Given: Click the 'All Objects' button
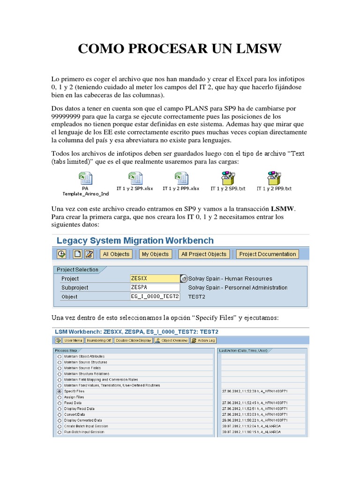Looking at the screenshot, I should coord(116,254).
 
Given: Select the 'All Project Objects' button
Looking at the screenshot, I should coord(204,254).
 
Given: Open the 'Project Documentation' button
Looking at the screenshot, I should coord(267,254).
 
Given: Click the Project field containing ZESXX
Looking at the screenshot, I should coord(155,278).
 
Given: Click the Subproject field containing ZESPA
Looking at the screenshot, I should coord(155,287).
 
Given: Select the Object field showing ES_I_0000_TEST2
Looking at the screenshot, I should coord(155,296).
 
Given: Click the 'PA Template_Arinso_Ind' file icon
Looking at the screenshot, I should coord(85,178).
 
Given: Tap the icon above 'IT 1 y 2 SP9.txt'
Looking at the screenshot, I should coord(228,178).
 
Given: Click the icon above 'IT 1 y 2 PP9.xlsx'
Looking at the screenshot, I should coord(181,178).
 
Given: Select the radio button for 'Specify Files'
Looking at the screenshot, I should coord(59,391).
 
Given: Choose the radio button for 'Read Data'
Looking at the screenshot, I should coord(59,403).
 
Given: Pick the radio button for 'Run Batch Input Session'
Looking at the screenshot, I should coord(59,432).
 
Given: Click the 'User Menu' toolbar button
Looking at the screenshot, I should coord(74,341).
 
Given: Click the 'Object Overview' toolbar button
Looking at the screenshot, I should coord(172,341).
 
